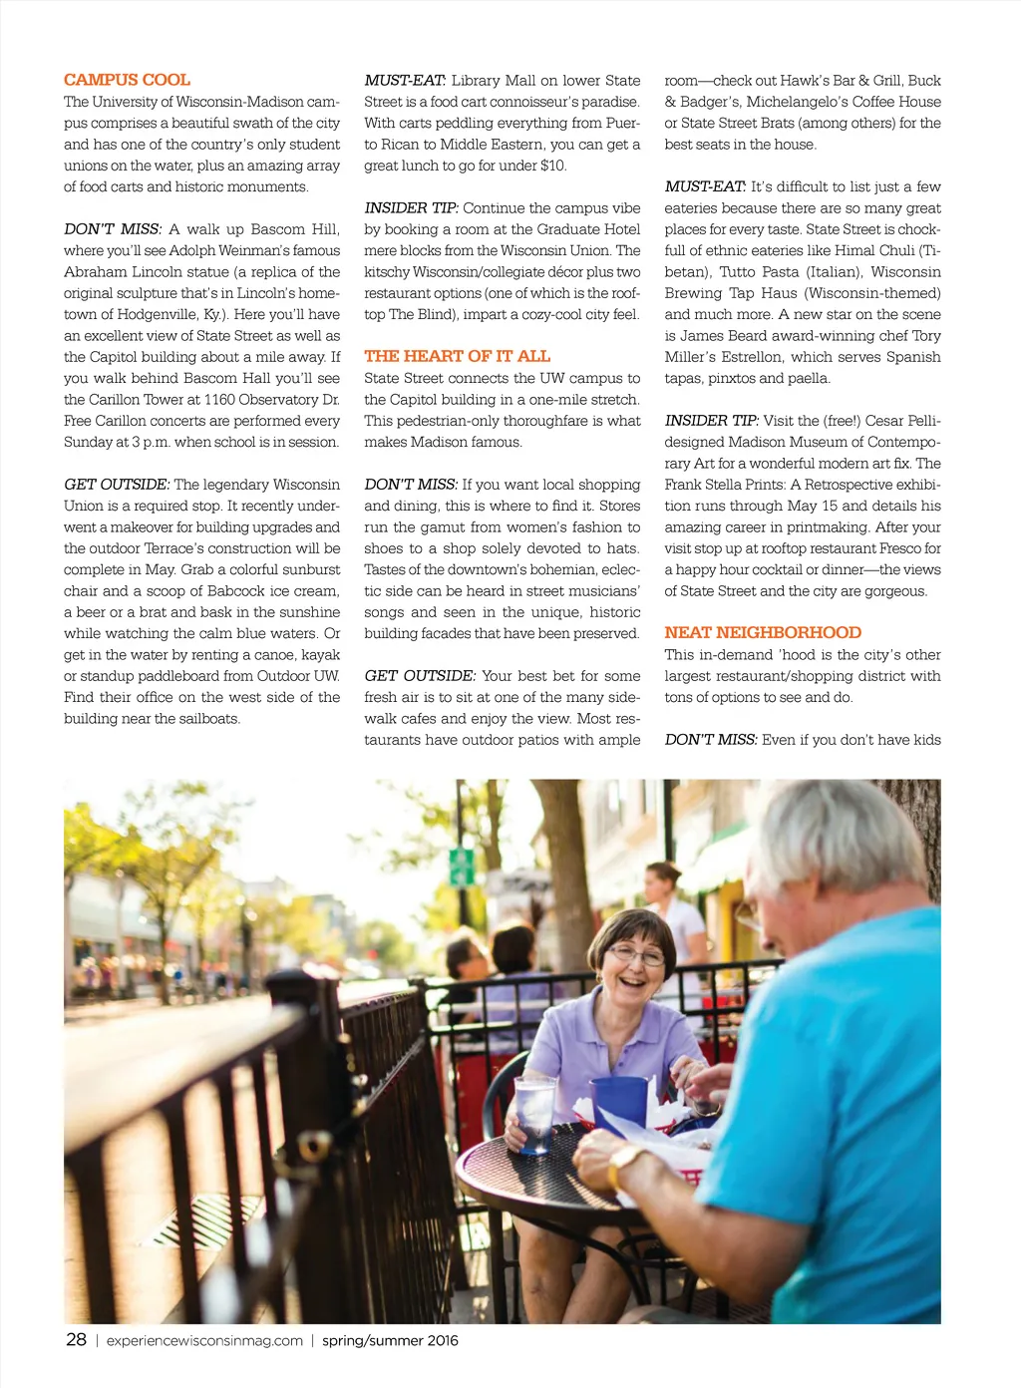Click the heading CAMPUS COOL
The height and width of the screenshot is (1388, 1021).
[x=127, y=80]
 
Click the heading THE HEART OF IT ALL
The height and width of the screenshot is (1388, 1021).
[x=457, y=356]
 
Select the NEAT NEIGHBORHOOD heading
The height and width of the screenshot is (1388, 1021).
[x=763, y=632]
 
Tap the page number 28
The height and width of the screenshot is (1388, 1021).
[x=76, y=1339]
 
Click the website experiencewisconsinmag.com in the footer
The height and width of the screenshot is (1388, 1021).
[x=204, y=1340]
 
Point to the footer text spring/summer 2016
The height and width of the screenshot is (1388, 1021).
[x=390, y=1340]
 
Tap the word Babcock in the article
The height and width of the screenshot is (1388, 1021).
[x=237, y=591]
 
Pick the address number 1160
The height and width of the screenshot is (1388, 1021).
[x=219, y=400]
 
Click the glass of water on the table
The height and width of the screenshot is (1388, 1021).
[x=534, y=1113]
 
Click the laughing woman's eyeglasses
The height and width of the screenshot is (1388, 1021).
[x=635, y=956]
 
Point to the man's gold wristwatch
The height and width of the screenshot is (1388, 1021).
[x=624, y=1161]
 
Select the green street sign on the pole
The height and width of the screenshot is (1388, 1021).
[x=461, y=867]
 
